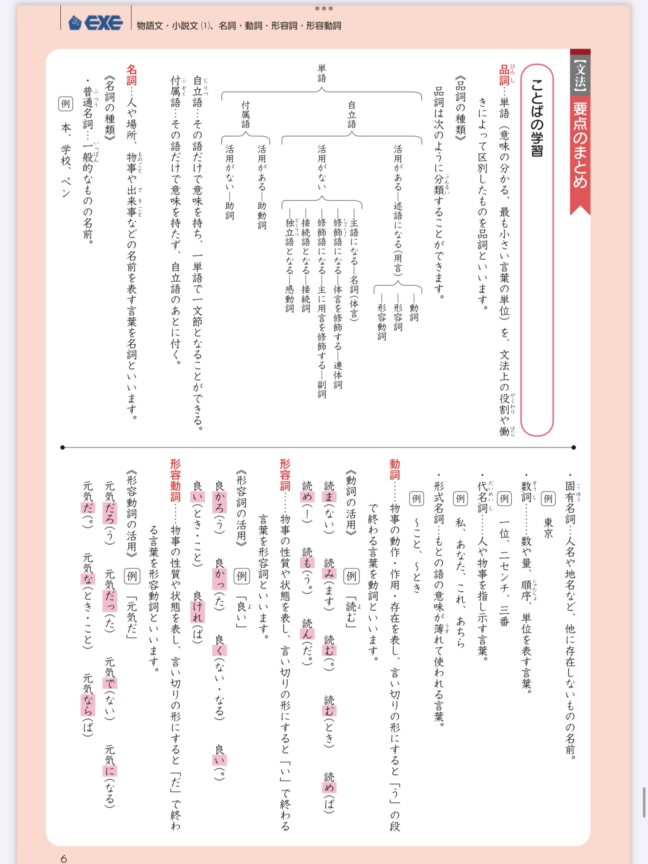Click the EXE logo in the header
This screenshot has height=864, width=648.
click(96, 22)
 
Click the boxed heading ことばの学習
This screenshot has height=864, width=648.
click(537, 118)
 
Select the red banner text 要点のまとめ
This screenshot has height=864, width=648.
click(580, 146)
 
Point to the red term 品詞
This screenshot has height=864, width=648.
click(504, 75)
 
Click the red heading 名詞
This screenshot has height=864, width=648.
click(132, 75)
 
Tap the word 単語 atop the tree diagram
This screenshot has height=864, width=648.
click(322, 73)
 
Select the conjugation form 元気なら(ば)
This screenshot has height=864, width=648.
click(88, 705)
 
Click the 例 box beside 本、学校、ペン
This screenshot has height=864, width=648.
click(66, 103)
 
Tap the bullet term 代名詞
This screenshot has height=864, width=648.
click(482, 498)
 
